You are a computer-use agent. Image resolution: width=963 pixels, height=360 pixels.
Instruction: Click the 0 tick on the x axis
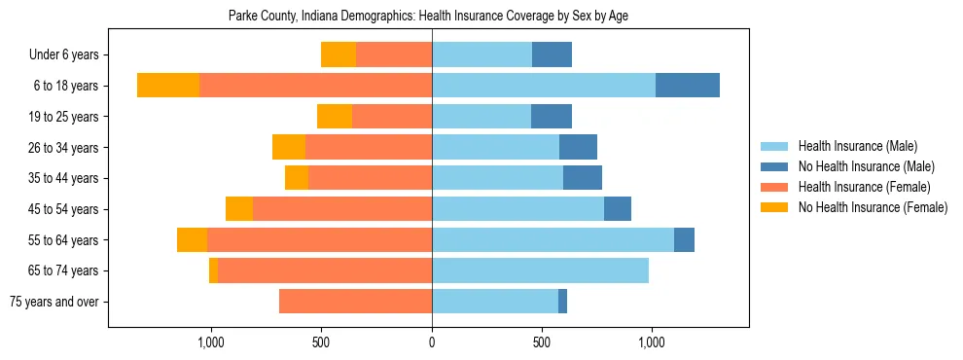pyautogui.click(x=432, y=342)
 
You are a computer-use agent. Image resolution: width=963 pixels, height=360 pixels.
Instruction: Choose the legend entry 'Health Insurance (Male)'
pyautogui.click(x=857, y=146)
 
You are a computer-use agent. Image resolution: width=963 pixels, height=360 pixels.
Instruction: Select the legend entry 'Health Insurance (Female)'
pyautogui.click(x=864, y=187)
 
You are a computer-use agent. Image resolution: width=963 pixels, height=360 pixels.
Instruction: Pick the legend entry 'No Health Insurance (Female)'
pyautogui.click(x=873, y=207)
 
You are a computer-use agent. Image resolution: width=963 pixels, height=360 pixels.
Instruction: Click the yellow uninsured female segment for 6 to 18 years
pyautogui.click(x=168, y=86)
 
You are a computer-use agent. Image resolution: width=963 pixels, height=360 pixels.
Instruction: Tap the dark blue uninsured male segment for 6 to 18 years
pyautogui.click(x=687, y=86)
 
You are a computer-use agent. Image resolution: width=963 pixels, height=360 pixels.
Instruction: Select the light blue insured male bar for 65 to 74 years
pyautogui.click(x=540, y=270)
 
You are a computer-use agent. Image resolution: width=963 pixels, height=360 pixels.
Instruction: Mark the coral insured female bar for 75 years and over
pyautogui.click(x=355, y=302)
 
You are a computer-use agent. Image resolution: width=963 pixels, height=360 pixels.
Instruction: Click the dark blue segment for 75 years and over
pyautogui.click(x=562, y=302)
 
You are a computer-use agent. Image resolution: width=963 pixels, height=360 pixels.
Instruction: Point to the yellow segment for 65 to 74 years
pyautogui.click(x=213, y=270)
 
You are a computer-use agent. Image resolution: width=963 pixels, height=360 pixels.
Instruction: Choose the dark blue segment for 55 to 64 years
pyautogui.click(x=684, y=239)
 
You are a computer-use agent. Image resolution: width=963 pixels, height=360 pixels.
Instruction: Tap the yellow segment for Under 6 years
pyautogui.click(x=339, y=55)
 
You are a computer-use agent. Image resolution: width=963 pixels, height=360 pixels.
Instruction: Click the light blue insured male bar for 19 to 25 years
pyautogui.click(x=481, y=117)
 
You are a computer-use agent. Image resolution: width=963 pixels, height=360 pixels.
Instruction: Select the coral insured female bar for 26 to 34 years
pyautogui.click(x=369, y=147)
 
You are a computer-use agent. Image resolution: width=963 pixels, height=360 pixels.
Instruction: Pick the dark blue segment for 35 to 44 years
pyautogui.click(x=583, y=178)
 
